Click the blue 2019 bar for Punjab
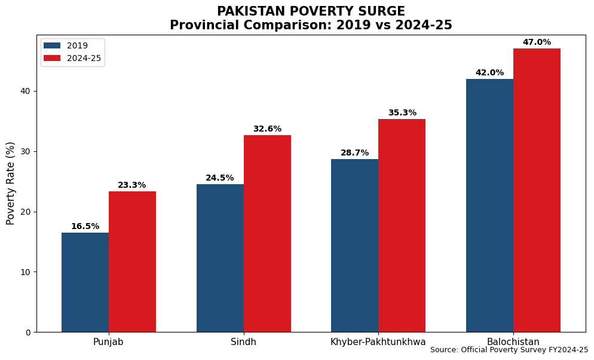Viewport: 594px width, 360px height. (x=85, y=282)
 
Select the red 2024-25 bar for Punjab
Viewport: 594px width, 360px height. (x=132, y=261)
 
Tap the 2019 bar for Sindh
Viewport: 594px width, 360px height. (x=220, y=258)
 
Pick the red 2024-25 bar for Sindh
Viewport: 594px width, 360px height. (x=267, y=233)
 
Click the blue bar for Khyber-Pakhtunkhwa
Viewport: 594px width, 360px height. (x=354, y=245)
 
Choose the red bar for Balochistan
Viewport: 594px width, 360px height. (x=537, y=190)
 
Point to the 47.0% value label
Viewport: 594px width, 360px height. (x=537, y=42)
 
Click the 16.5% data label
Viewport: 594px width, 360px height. (x=85, y=227)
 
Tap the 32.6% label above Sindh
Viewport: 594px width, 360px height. (x=267, y=129)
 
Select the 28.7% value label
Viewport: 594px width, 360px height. (x=354, y=153)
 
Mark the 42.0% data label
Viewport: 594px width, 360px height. (x=489, y=73)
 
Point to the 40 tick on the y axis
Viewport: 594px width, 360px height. (x=26, y=91)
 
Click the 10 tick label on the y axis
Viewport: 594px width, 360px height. (x=26, y=272)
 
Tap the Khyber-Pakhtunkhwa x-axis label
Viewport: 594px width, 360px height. (x=378, y=342)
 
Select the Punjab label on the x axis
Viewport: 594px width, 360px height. (x=108, y=342)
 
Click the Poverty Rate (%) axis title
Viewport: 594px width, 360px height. (x=11, y=183)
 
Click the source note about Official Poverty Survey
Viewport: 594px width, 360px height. (x=509, y=350)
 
